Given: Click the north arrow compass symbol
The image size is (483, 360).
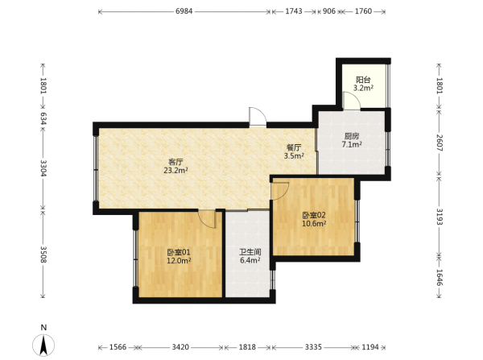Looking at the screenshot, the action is tap(43, 345).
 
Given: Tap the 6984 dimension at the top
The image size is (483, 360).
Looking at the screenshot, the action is tap(184, 11).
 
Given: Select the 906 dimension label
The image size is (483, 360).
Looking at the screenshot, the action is tap(329, 11).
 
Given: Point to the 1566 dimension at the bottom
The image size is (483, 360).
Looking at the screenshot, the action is tap(118, 347).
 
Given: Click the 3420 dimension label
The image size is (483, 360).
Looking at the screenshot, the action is tap(180, 347).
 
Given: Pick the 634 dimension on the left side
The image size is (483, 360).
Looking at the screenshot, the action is tap(43, 118).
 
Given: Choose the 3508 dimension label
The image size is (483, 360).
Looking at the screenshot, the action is tap(43, 254).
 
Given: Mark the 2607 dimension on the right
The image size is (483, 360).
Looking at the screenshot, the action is tap(440, 143).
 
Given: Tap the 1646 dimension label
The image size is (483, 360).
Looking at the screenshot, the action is tap(440, 277).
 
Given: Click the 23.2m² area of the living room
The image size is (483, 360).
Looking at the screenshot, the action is tap(175, 170).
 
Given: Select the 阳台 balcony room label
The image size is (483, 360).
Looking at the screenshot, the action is tap(363, 80).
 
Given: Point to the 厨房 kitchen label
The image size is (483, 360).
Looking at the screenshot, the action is tap(352, 136).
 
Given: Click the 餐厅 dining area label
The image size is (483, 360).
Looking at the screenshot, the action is tap(294, 147).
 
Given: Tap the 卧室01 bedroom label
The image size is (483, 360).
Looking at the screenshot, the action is tap(179, 252).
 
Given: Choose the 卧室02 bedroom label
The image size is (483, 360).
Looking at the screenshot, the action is tap(314, 215).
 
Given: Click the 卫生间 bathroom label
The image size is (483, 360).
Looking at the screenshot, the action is tap(250, 252).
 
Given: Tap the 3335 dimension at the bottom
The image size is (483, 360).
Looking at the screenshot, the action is tap(313, 347).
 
